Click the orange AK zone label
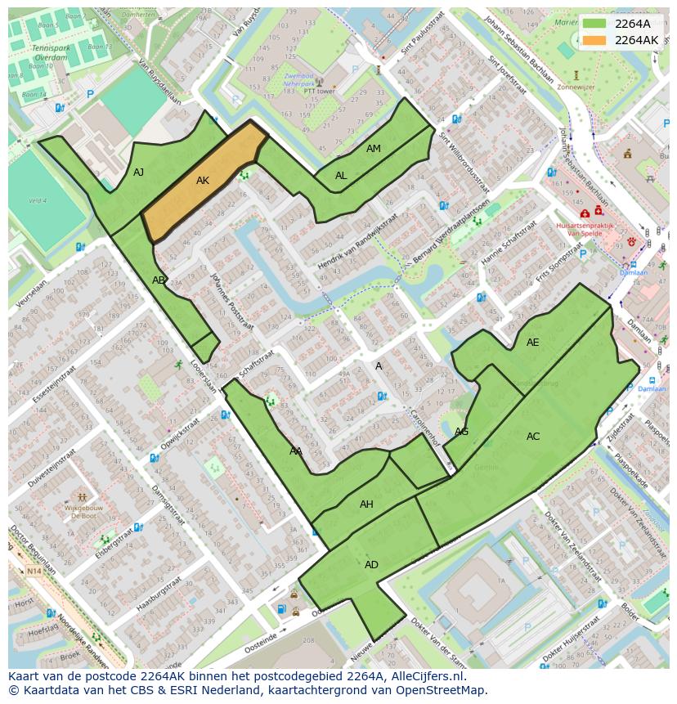coord(203,181)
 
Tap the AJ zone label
coord(138,172)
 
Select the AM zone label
coord(373,149)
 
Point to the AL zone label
coord(341,176)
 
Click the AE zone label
coord(532,343)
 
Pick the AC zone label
coord(532,437)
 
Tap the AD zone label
coord(371,565)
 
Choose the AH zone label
coord(366,504)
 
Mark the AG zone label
coord(461,432)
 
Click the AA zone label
coord(296,451)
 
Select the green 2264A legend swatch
coord(594,24)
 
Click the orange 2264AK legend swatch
coord(594,40)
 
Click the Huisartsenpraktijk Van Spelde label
coord(584,229)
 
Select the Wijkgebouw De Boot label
coord(82,512)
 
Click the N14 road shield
coord(33,572)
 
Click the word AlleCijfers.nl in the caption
coord(424,676)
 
